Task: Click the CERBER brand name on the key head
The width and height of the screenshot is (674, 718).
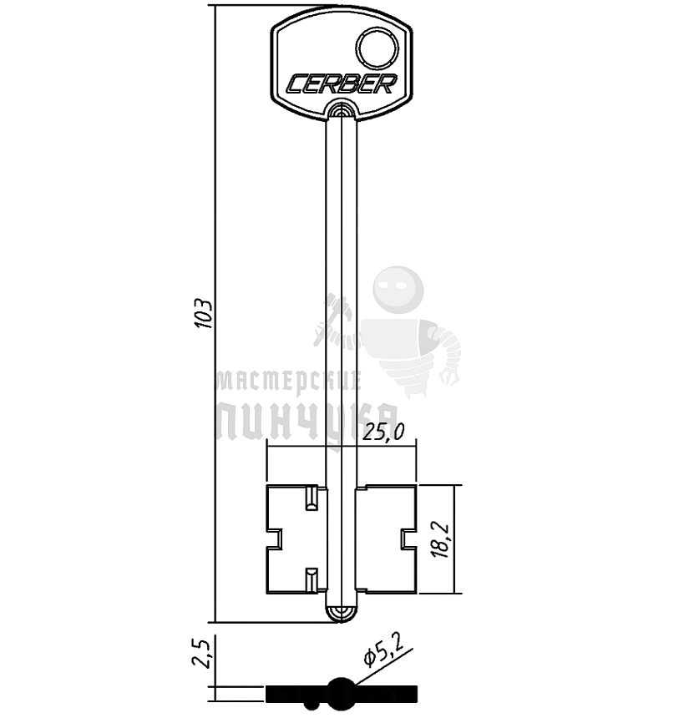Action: (342, 83)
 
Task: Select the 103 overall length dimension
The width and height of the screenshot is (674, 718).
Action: (203, 314)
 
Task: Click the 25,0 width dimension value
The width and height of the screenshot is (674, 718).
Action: (384, 431)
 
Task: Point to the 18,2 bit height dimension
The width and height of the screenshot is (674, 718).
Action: (441, 539)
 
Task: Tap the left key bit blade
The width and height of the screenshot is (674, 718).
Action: (296, 539)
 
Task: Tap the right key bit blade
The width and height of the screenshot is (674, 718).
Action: (386, 539)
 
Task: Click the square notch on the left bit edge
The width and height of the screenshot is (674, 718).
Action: (274, 538)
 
